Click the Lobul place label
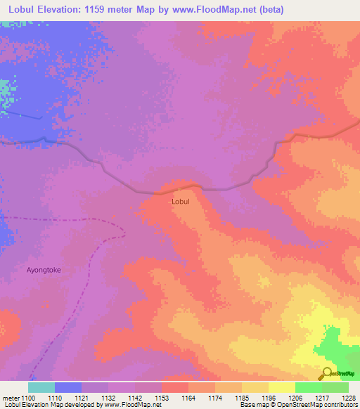pos(181,201)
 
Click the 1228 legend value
pos(349,398)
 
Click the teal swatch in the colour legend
pos(41,387)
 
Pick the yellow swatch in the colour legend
pos(281,387)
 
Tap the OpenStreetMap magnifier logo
pos(326,372)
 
